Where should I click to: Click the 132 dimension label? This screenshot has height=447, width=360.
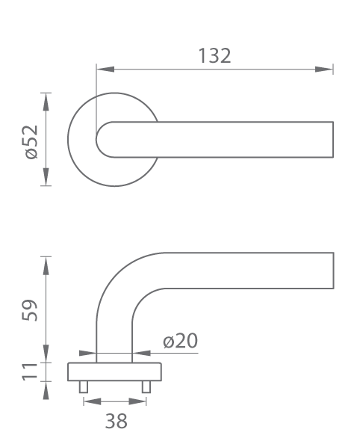(x=214, y=55)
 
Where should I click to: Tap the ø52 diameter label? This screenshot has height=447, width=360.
(x=31, y=142)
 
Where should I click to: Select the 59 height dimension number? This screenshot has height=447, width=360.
(x=29, y=310)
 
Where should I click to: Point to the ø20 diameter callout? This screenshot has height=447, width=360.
(x=180, y=340)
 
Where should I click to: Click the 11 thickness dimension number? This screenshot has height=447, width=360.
(x=30, y=372)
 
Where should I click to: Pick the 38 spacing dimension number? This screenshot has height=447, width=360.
(x=117, y=421)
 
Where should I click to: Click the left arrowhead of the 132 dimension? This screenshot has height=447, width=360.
(x=105, y=70)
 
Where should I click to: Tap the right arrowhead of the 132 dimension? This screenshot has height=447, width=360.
(x=324, y=70)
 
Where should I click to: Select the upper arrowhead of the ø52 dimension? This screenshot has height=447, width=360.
(x=46, y=102)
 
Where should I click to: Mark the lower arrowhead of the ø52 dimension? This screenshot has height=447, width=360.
(x=46, y=176)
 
